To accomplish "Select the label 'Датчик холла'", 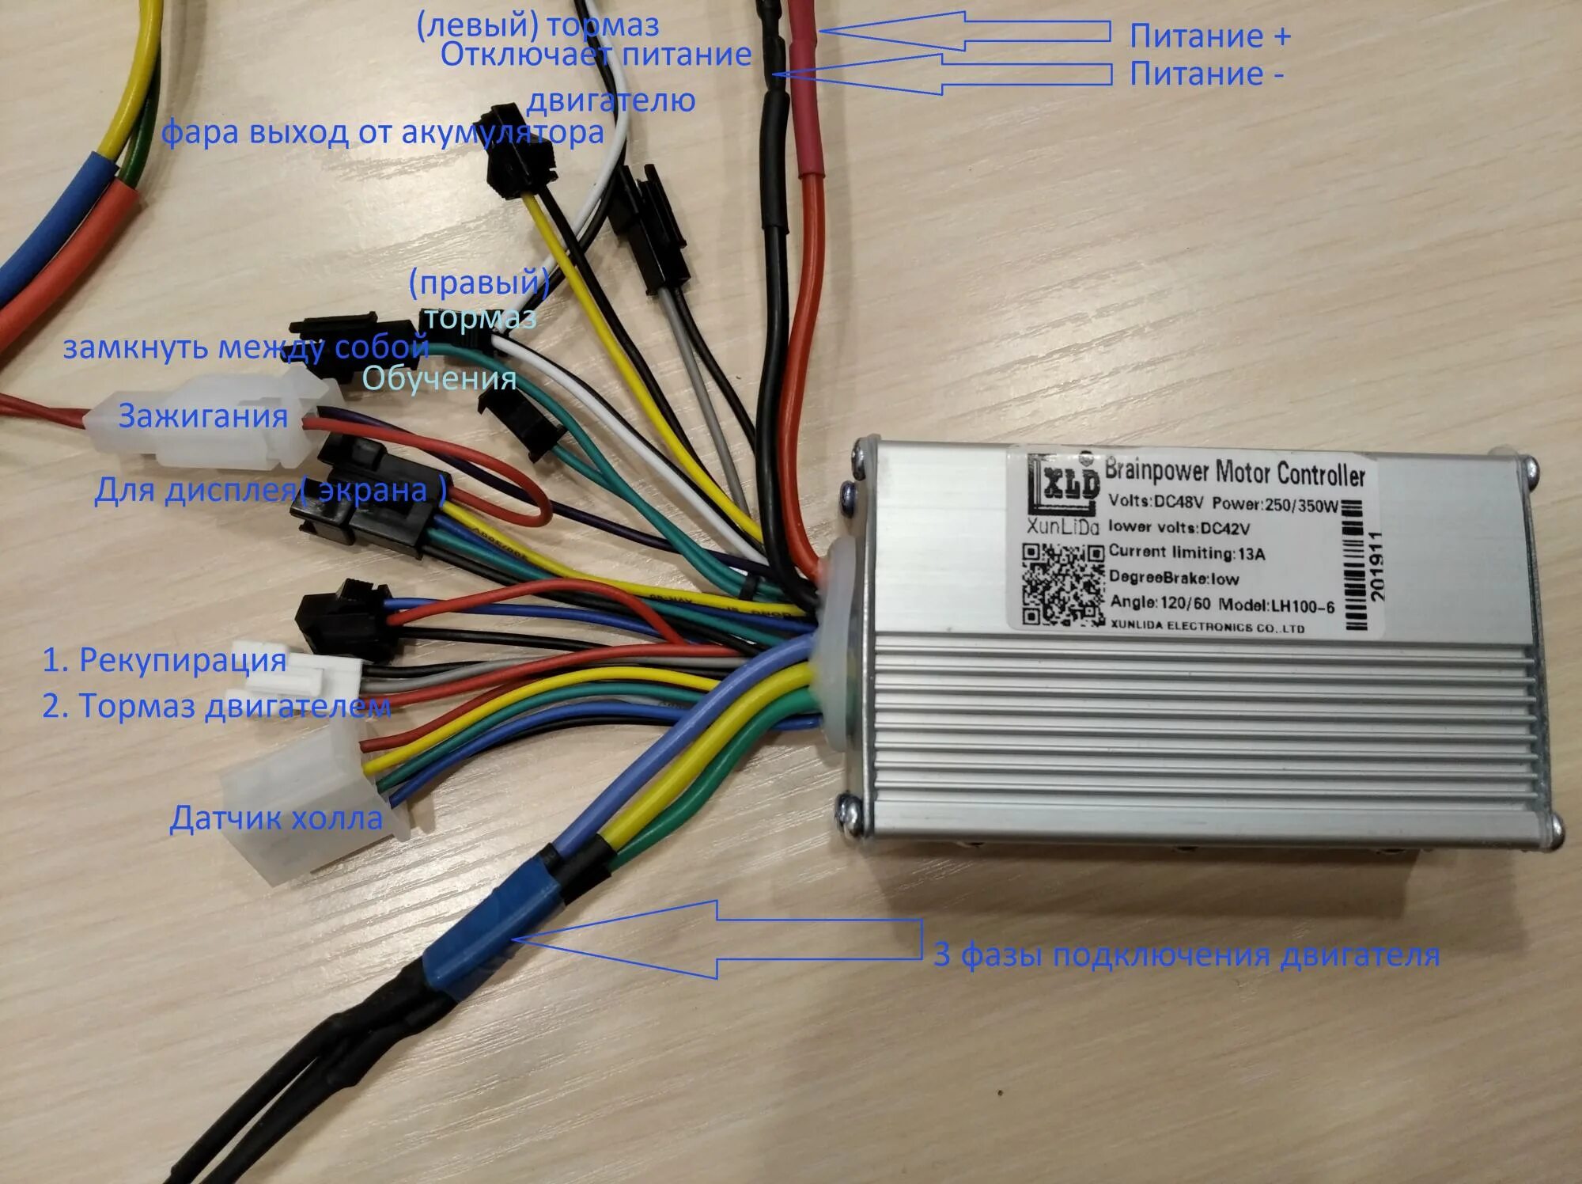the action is click(276, 818).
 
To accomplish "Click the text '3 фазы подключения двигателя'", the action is click(1186, 955).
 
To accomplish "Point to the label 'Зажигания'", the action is click(203, 416).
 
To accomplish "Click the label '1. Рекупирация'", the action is click(164, 660).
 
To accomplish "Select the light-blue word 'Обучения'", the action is click(439, 378).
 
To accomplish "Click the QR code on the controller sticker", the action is click(1062, 585).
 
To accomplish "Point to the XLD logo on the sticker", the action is click(1064, 484).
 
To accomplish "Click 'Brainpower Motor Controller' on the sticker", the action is click(1234, 472).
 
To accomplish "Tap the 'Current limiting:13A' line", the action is click(1186, 552).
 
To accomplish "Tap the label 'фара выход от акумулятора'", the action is click(382, 132).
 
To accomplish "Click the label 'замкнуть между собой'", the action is click(245, 347).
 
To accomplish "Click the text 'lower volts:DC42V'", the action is click(1179, 527).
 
